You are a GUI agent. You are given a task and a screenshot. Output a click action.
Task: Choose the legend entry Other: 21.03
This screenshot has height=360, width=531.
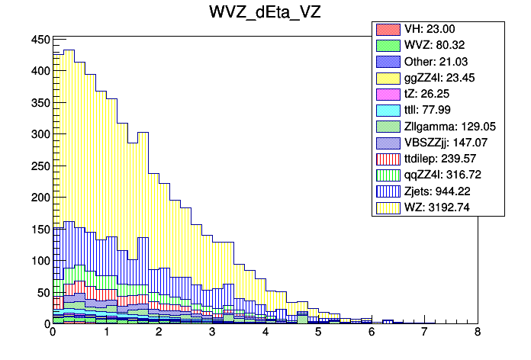tap(437, 61)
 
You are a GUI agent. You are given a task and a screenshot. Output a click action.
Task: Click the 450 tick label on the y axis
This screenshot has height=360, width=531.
tap(40, 40)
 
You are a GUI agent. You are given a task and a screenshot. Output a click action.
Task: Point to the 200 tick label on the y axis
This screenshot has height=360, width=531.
tap(40, 198)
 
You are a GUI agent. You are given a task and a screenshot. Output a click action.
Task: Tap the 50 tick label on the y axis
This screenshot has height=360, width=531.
tap(43, 292)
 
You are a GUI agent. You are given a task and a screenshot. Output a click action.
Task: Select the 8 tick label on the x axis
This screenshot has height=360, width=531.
tap(477, 333)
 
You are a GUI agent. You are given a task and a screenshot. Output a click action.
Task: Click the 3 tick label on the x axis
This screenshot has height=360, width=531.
tap(212, 333)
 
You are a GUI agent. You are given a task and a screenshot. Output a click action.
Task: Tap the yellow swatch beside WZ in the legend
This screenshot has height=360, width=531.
tap(388, 207)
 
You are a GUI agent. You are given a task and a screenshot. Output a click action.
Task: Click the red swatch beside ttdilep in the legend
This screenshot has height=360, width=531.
tap(388, 159)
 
